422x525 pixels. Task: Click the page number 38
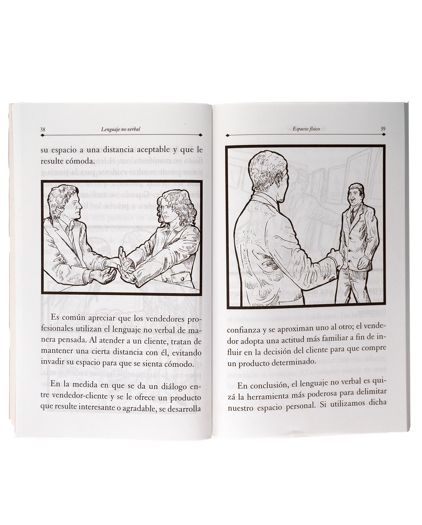[43, 130]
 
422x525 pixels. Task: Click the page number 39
[383, 129]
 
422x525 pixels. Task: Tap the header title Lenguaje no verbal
[121, 129]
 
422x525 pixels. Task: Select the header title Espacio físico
[306, 129]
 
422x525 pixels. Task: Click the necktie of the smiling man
[352, 215]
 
